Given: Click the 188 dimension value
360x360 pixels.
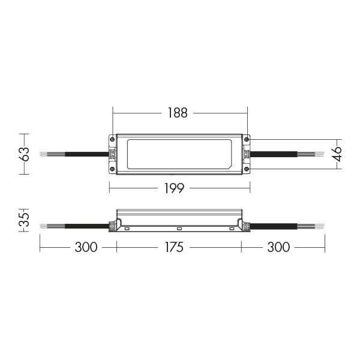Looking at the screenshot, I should (178, 112).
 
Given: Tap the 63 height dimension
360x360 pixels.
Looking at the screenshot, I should (23, 153).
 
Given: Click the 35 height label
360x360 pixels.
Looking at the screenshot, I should (23, 220).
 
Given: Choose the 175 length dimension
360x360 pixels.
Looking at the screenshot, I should (178, 247).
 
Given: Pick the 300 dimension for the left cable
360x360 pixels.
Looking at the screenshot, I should (86, 247).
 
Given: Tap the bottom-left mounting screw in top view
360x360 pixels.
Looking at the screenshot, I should (113, 169).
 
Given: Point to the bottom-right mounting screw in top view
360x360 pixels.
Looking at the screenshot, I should (245, 169).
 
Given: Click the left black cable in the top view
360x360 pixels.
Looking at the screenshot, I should (82, 154).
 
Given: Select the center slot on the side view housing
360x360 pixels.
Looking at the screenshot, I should (178, 228).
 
